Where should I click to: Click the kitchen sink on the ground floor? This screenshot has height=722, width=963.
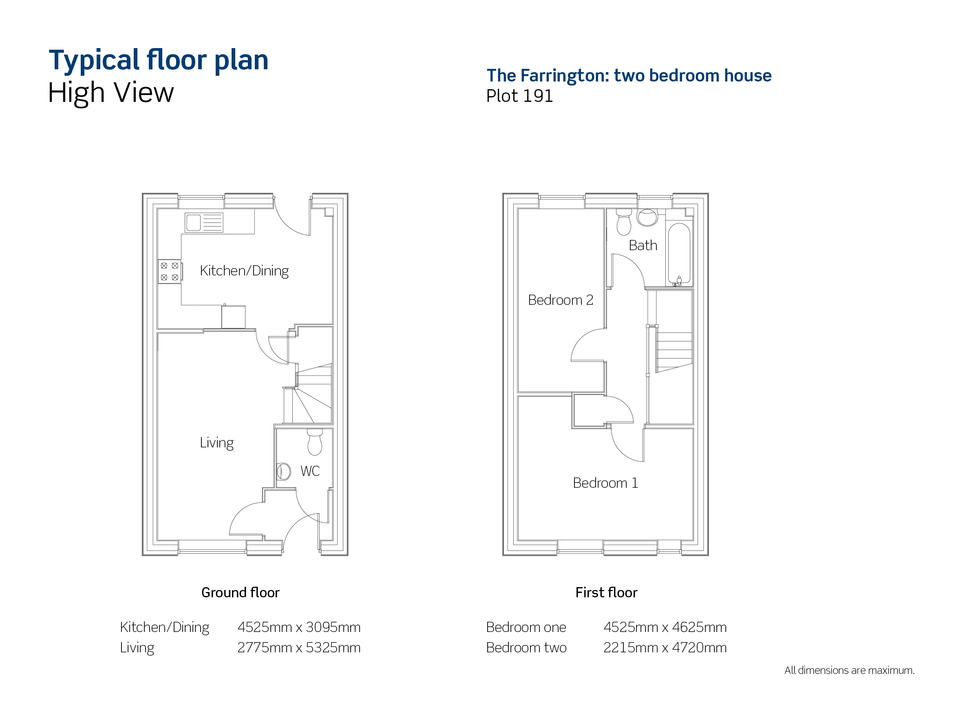204,222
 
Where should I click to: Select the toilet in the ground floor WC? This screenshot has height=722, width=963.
315,442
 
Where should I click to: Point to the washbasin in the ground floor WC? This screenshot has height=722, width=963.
283,471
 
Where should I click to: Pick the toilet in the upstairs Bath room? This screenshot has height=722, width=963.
624,222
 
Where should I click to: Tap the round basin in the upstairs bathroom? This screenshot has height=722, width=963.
647,217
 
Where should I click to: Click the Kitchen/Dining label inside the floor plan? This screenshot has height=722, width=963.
244,271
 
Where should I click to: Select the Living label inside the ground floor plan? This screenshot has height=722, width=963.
217,443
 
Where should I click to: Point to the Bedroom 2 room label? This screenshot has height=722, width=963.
561,300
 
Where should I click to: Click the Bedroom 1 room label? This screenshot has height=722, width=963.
605,483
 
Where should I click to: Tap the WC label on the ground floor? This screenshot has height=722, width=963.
310,471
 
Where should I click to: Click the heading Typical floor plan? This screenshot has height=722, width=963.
159,60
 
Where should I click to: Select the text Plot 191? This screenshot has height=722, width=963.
519,96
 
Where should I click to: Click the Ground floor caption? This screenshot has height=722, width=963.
240,592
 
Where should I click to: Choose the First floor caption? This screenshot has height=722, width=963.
606,592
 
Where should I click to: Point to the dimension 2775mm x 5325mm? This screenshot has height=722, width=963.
299,647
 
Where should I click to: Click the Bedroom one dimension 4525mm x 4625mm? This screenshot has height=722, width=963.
665,627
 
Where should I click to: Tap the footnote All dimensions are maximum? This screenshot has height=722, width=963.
849,670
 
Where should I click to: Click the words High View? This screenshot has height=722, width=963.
110,93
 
